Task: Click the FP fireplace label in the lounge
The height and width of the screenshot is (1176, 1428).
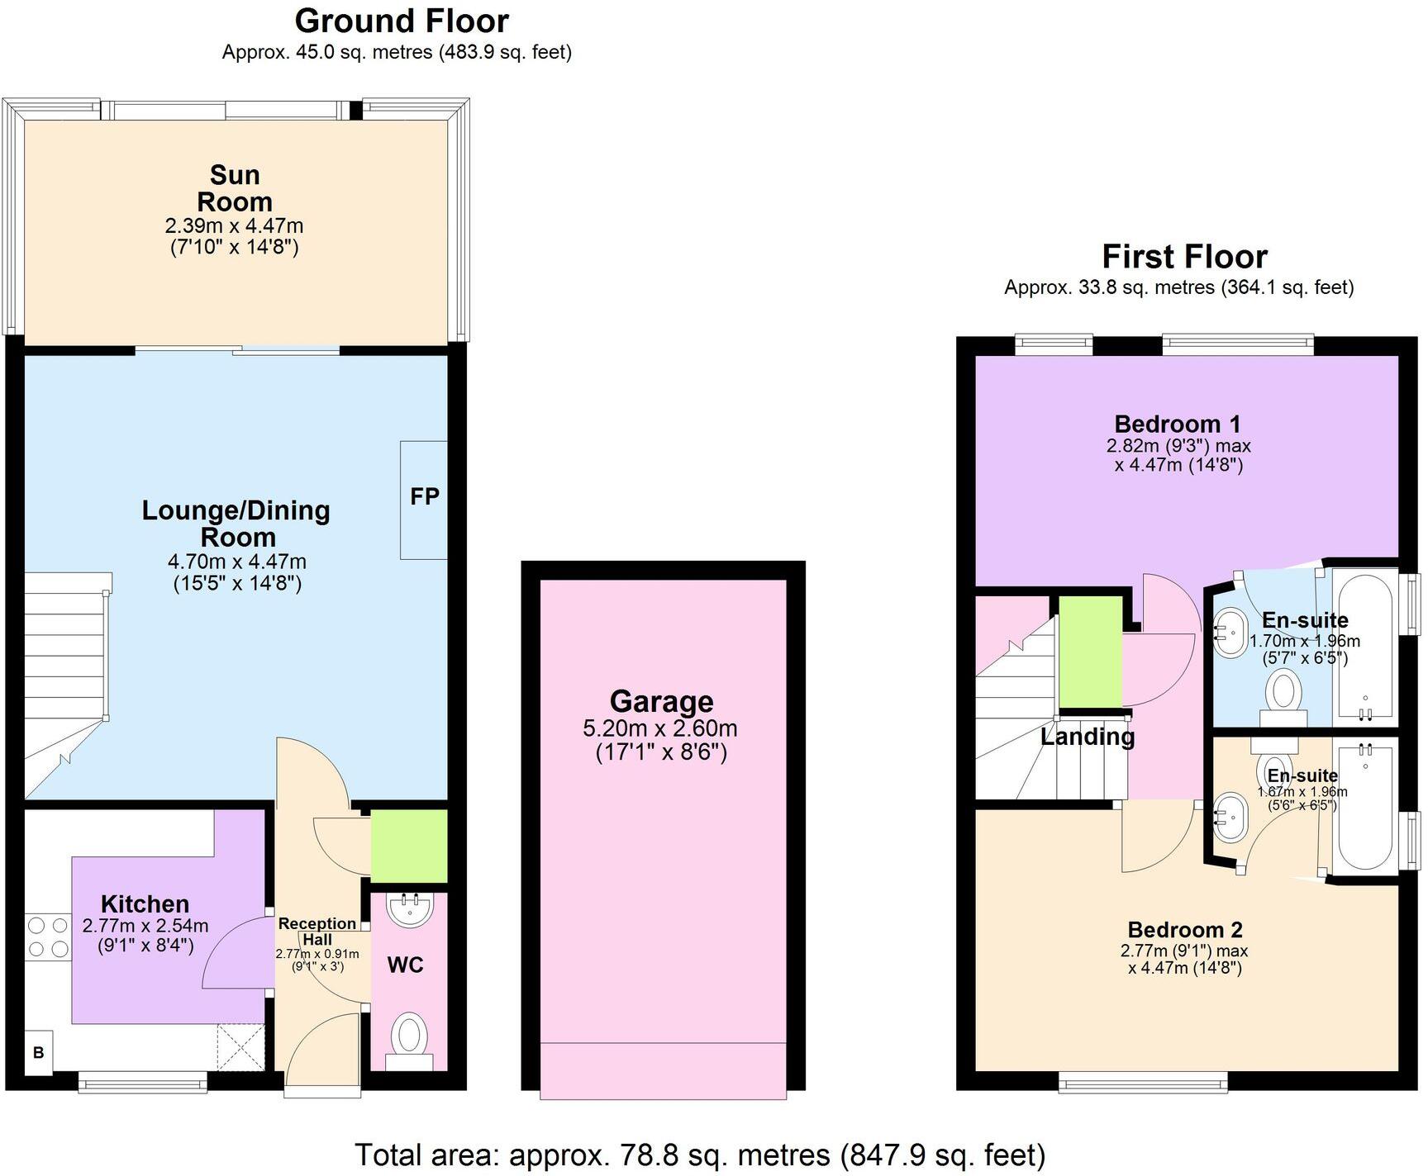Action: point(424,497)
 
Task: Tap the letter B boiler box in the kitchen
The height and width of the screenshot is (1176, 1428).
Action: point(38,1053)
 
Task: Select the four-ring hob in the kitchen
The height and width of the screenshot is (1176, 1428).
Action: point(47,938)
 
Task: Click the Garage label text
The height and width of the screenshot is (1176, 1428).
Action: point(661,701)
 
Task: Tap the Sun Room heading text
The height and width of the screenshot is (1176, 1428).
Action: point(235,188)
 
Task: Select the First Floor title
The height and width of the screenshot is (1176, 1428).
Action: point(1184,257)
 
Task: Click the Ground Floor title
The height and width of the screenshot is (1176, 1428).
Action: point(402,21)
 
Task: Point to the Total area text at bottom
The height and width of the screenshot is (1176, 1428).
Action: point(700,1154)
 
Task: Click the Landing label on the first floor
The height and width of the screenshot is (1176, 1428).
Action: point(1087,736)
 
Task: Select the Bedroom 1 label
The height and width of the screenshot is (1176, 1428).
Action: point(1177,424)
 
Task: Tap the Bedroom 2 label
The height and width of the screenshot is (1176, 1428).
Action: point(1184,930)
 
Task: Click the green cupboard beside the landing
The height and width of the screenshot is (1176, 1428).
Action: point(1090,652)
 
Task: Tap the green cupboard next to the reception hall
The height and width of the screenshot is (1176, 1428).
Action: point(408,846)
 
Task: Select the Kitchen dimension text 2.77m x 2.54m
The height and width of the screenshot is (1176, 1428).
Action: point(145,926)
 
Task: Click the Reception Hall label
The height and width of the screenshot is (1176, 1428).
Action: point(317,931)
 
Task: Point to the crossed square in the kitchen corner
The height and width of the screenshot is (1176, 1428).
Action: point(240,1048)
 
